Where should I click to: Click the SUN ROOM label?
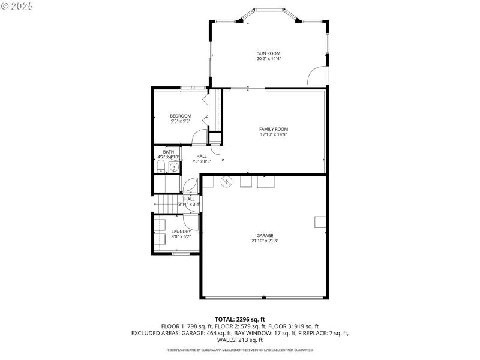(x=269, y=53)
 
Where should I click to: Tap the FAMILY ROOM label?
(x=274, y=129)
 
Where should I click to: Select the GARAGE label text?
(x=265, y=235)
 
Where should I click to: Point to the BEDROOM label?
(x=181, y=116)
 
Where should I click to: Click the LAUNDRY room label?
(x=181, y=231)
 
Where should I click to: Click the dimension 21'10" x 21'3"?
(x=265, y=241)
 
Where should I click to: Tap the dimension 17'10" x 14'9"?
(x=274, y=134)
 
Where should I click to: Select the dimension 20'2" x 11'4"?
(x=269, y=59)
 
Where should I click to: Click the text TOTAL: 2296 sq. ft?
(x=240, y=319)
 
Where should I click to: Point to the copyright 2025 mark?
(x=17, y=5)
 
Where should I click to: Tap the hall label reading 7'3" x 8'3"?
(x=184, y=161)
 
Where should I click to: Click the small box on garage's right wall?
(x=319, y=222)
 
